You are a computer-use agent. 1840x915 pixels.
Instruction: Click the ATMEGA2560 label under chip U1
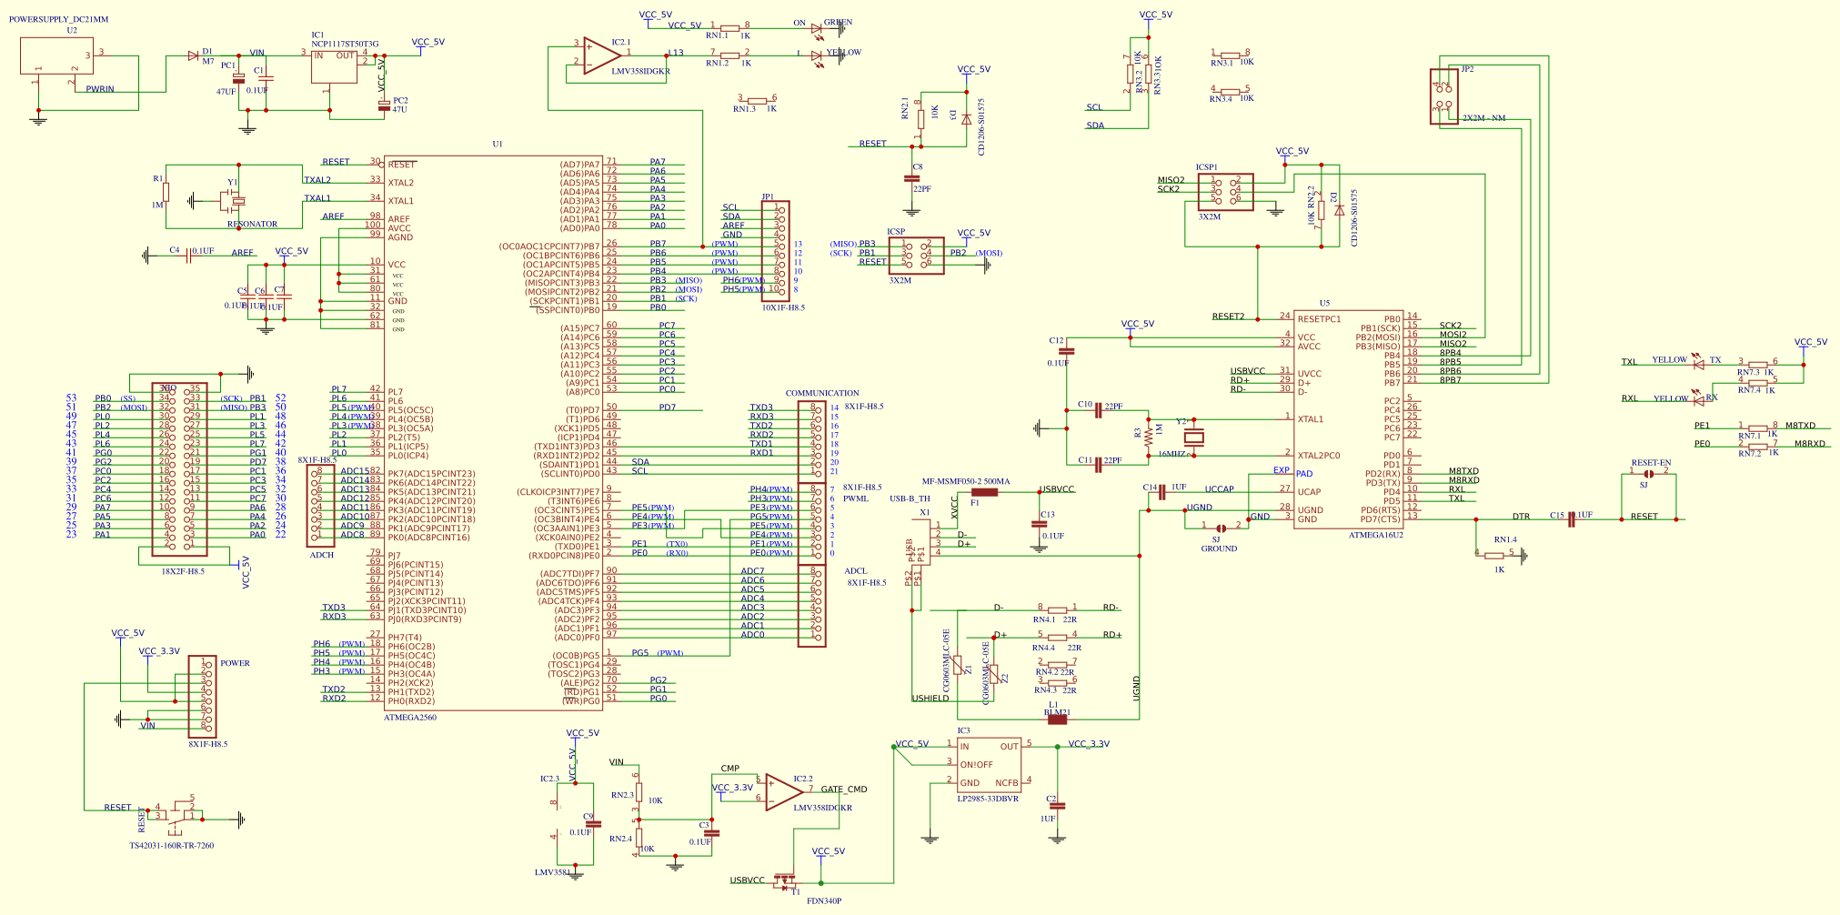point(409,718)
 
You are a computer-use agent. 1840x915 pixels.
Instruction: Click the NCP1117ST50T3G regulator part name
point(345,44)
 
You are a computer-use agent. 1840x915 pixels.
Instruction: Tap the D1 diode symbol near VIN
point(193,55)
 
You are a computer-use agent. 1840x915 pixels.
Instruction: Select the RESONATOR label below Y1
point(252,224)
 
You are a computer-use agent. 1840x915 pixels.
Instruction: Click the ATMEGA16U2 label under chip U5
point(1375,535)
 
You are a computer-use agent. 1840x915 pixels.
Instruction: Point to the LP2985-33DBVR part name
point(987,799)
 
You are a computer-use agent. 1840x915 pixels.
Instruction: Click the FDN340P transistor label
point(823,900)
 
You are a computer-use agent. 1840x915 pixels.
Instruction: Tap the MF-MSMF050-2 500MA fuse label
point(965,481)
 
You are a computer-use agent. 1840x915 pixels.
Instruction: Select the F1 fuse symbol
point(984,492)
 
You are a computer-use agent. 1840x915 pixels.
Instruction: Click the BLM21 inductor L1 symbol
point(1057,719)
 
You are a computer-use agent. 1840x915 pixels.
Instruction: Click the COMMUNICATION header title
point(821,393)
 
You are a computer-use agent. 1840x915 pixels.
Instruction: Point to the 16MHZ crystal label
point(1171,454)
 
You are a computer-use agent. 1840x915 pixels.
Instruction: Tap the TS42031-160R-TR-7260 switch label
point(171,845)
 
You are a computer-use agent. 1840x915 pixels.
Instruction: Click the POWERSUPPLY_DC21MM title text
point(58,19)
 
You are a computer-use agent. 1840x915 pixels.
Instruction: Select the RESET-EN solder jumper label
point(1651,462)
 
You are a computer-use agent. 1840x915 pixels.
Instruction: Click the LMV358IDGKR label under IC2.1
point(640,71)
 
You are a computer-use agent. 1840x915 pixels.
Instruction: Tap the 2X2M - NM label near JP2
point(1483,118)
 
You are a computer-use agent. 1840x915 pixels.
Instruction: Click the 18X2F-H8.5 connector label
point(183,571)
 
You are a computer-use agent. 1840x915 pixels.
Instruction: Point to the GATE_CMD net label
point(843,789)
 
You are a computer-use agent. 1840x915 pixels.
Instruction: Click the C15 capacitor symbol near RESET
point(1571,519)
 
